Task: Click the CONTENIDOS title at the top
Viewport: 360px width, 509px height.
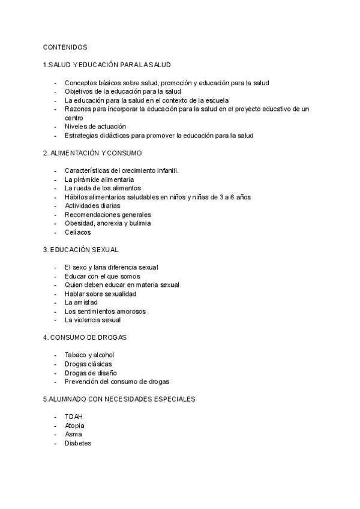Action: tap(65, 46)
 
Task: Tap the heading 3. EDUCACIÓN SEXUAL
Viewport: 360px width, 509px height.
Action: tap(80, 249)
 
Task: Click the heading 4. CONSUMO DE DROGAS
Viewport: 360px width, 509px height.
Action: tap(85, 337)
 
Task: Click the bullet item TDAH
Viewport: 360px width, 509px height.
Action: tap(74, 417)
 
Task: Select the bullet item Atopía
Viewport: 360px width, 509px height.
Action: tap(74, 426)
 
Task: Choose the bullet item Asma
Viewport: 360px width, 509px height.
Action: tap(73, 434)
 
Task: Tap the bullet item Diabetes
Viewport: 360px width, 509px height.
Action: tap(78, 443)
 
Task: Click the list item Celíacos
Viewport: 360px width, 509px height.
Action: tap(78, 232)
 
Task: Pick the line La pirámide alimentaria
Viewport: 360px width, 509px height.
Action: tap(99, 179)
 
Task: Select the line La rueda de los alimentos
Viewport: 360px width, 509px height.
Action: tap(103, 188)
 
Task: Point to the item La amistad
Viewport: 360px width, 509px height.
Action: tap(81, 303)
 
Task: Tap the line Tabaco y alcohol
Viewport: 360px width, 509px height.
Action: tap(89, 355)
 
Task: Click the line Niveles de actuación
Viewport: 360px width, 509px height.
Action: tap(95, 127)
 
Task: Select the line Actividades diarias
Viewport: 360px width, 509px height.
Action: tap(92, 206)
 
